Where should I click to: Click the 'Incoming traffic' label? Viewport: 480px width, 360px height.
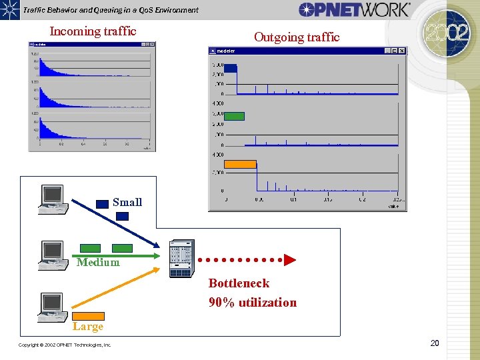pos(93,31)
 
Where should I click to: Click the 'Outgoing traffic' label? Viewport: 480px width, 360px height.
pos(297,37)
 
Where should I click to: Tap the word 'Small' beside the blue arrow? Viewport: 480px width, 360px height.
pos(127,202)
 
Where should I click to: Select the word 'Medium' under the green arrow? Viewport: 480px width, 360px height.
pos(98,262)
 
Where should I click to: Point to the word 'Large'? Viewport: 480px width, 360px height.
pos(88,326)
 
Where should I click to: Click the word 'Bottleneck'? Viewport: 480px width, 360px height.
pos(239,283)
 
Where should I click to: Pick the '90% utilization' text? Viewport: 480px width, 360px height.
pos(253,303)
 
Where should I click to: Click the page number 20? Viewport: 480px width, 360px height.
pos(435,343)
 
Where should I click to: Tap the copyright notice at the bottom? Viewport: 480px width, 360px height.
pos(65,345)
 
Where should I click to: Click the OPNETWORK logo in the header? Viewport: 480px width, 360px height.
pos(354,10)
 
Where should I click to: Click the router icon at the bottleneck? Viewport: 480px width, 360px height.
pos(180,258)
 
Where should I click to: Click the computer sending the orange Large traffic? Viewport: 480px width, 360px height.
pos(51,307)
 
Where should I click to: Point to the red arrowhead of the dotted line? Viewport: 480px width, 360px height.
pos(289,259)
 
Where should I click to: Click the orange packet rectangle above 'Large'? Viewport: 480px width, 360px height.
pos(88,316)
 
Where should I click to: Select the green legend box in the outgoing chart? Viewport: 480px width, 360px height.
pos(234,116)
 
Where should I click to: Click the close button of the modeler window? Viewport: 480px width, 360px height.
pos(401,51)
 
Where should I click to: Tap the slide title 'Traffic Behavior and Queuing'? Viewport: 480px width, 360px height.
pos(110,10)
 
